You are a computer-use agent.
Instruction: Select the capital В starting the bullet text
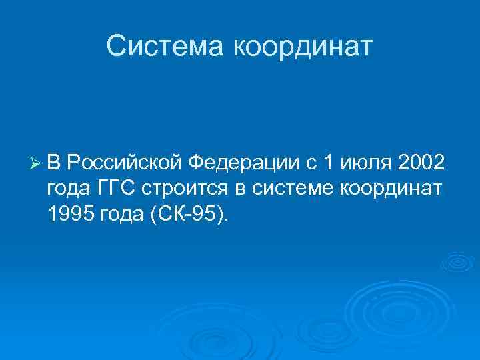54,162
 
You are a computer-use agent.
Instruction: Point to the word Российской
125,162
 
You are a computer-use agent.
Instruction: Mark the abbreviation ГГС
119,189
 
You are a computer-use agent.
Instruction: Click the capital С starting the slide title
115,47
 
